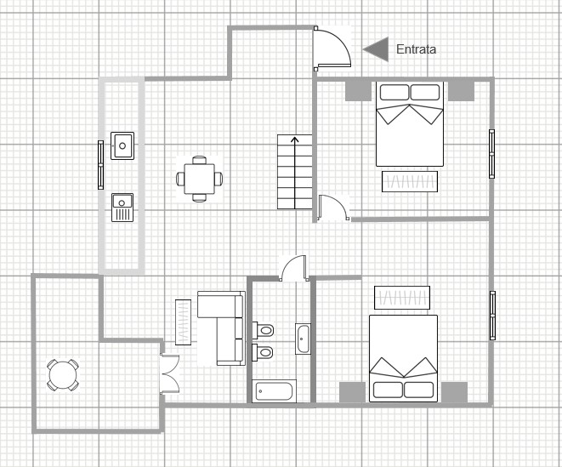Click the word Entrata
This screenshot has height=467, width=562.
(416, 50)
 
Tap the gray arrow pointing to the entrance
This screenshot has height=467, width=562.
(376, 49)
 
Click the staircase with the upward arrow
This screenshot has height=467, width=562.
(294, 172)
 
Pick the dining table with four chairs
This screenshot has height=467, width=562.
(199, 179)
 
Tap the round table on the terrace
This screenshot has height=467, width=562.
(63, 373)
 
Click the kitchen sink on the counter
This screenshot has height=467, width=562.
(122, 145)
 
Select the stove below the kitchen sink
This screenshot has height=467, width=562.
(122, 207)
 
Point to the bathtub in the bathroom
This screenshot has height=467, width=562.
(275, 391)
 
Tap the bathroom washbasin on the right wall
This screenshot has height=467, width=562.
(303, 339)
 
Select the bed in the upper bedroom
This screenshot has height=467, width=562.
(411, 123)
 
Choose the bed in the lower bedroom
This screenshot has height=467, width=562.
(403, 357)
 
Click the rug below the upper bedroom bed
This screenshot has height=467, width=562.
(410, 181)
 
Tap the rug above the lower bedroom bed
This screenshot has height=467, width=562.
(402, 298)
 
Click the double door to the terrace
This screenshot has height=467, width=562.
(169, 372)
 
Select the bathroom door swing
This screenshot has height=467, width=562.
(294, 268)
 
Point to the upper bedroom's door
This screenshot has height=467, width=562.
(332, 208)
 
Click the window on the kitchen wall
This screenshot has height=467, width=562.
(100, 162)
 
